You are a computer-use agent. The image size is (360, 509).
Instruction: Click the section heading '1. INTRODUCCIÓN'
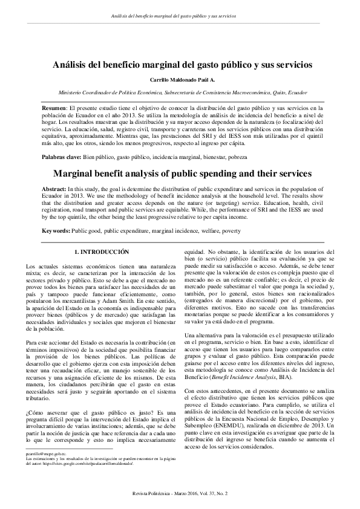[x=102, y=250]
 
